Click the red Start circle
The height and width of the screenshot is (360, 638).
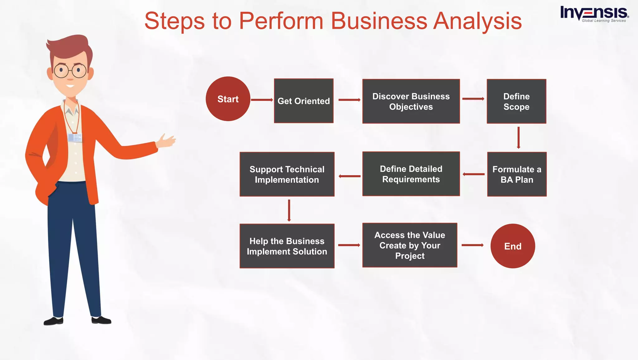coord(228,99)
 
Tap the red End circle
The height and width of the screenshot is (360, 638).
coord(512,246)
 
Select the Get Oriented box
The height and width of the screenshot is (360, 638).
coord(303,101)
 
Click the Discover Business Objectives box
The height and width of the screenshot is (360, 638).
coord(411,101)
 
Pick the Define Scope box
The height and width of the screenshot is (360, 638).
coord(516,101)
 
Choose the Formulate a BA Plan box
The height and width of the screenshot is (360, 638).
coord(517,174)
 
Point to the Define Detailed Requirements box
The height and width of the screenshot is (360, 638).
coord(411,174)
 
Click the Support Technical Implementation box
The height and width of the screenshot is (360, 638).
coord(287,174)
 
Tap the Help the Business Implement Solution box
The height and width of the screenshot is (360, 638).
coord(287,246)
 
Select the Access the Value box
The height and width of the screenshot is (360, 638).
coord(410,245)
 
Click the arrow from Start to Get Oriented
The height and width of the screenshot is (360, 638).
coord(262,100)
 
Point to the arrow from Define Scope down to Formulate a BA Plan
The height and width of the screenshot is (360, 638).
coord(518,137)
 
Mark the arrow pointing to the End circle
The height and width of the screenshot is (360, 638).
coord(472,245)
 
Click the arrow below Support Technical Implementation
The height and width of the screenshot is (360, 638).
coord(289,210)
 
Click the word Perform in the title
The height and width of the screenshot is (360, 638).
coord(281,21)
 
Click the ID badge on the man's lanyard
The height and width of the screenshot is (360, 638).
coord(75,137)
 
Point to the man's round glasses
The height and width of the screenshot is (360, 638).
coord(70,71)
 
